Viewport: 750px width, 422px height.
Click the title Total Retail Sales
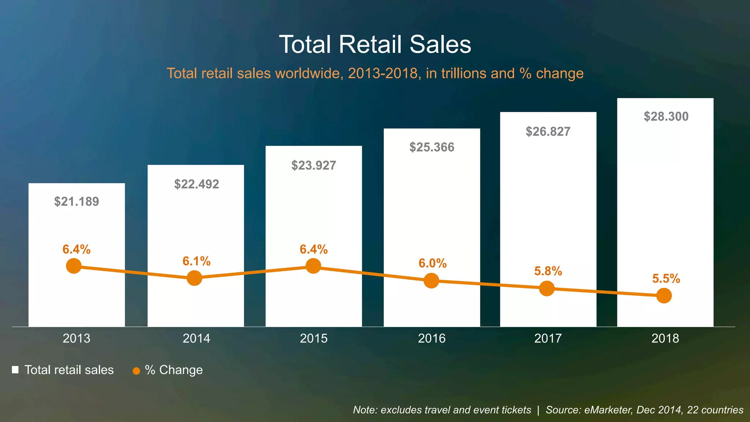coord(375,44)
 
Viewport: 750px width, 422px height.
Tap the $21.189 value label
coord(77,201)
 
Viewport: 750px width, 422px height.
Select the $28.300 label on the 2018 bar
coord(666,116)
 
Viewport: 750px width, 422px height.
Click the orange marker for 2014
coord(194,278)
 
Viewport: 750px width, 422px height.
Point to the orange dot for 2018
coord(664,295)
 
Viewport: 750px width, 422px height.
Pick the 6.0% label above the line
coord(432,263)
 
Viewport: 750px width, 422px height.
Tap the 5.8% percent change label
coord(548,271)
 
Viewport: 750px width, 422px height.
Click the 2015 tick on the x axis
coord(313,338)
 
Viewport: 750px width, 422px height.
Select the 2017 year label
coord(548,338)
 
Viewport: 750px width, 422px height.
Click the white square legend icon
coord(15,370)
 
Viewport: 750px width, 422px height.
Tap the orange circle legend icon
coord(136,371)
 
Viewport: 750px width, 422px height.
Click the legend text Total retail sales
coord(69,370)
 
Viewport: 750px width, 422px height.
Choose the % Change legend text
coord(174,370)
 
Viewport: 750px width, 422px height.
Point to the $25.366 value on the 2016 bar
coord(432,147)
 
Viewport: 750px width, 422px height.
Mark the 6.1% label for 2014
coord(196,261)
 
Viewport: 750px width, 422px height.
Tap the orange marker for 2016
coord(431,281)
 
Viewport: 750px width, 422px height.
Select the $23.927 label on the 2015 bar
coord(313,166)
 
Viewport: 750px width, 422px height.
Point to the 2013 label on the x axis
coord(77,338)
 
